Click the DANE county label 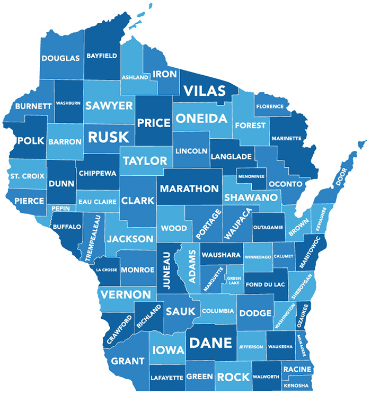click(x=211, y=343)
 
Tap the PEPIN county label click(x=60, y=209)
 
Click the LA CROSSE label click(x=107, y=270)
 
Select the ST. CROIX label click(x=27, y=175)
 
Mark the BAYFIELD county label click(x=102, y=55)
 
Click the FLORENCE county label click(x=270, y=106)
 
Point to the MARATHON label click(x=189, y=188)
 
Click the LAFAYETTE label click(x=167, y=378)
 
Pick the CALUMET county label click(x=284, y=256)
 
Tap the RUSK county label click(x=108, y=137)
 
